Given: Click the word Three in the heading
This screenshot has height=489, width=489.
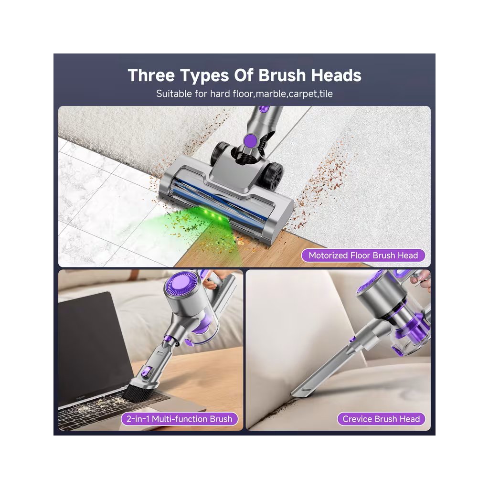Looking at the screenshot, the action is pyautogui.click(x=151, y=75).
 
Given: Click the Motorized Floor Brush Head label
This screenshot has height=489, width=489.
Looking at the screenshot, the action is pyautogui.click(x=363, y=255).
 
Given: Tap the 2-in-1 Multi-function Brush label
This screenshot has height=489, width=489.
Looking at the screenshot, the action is pyautogui.click(x=180, y=418).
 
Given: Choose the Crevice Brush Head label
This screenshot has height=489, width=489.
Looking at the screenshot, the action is pyautogui.click(x=381, y=418).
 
